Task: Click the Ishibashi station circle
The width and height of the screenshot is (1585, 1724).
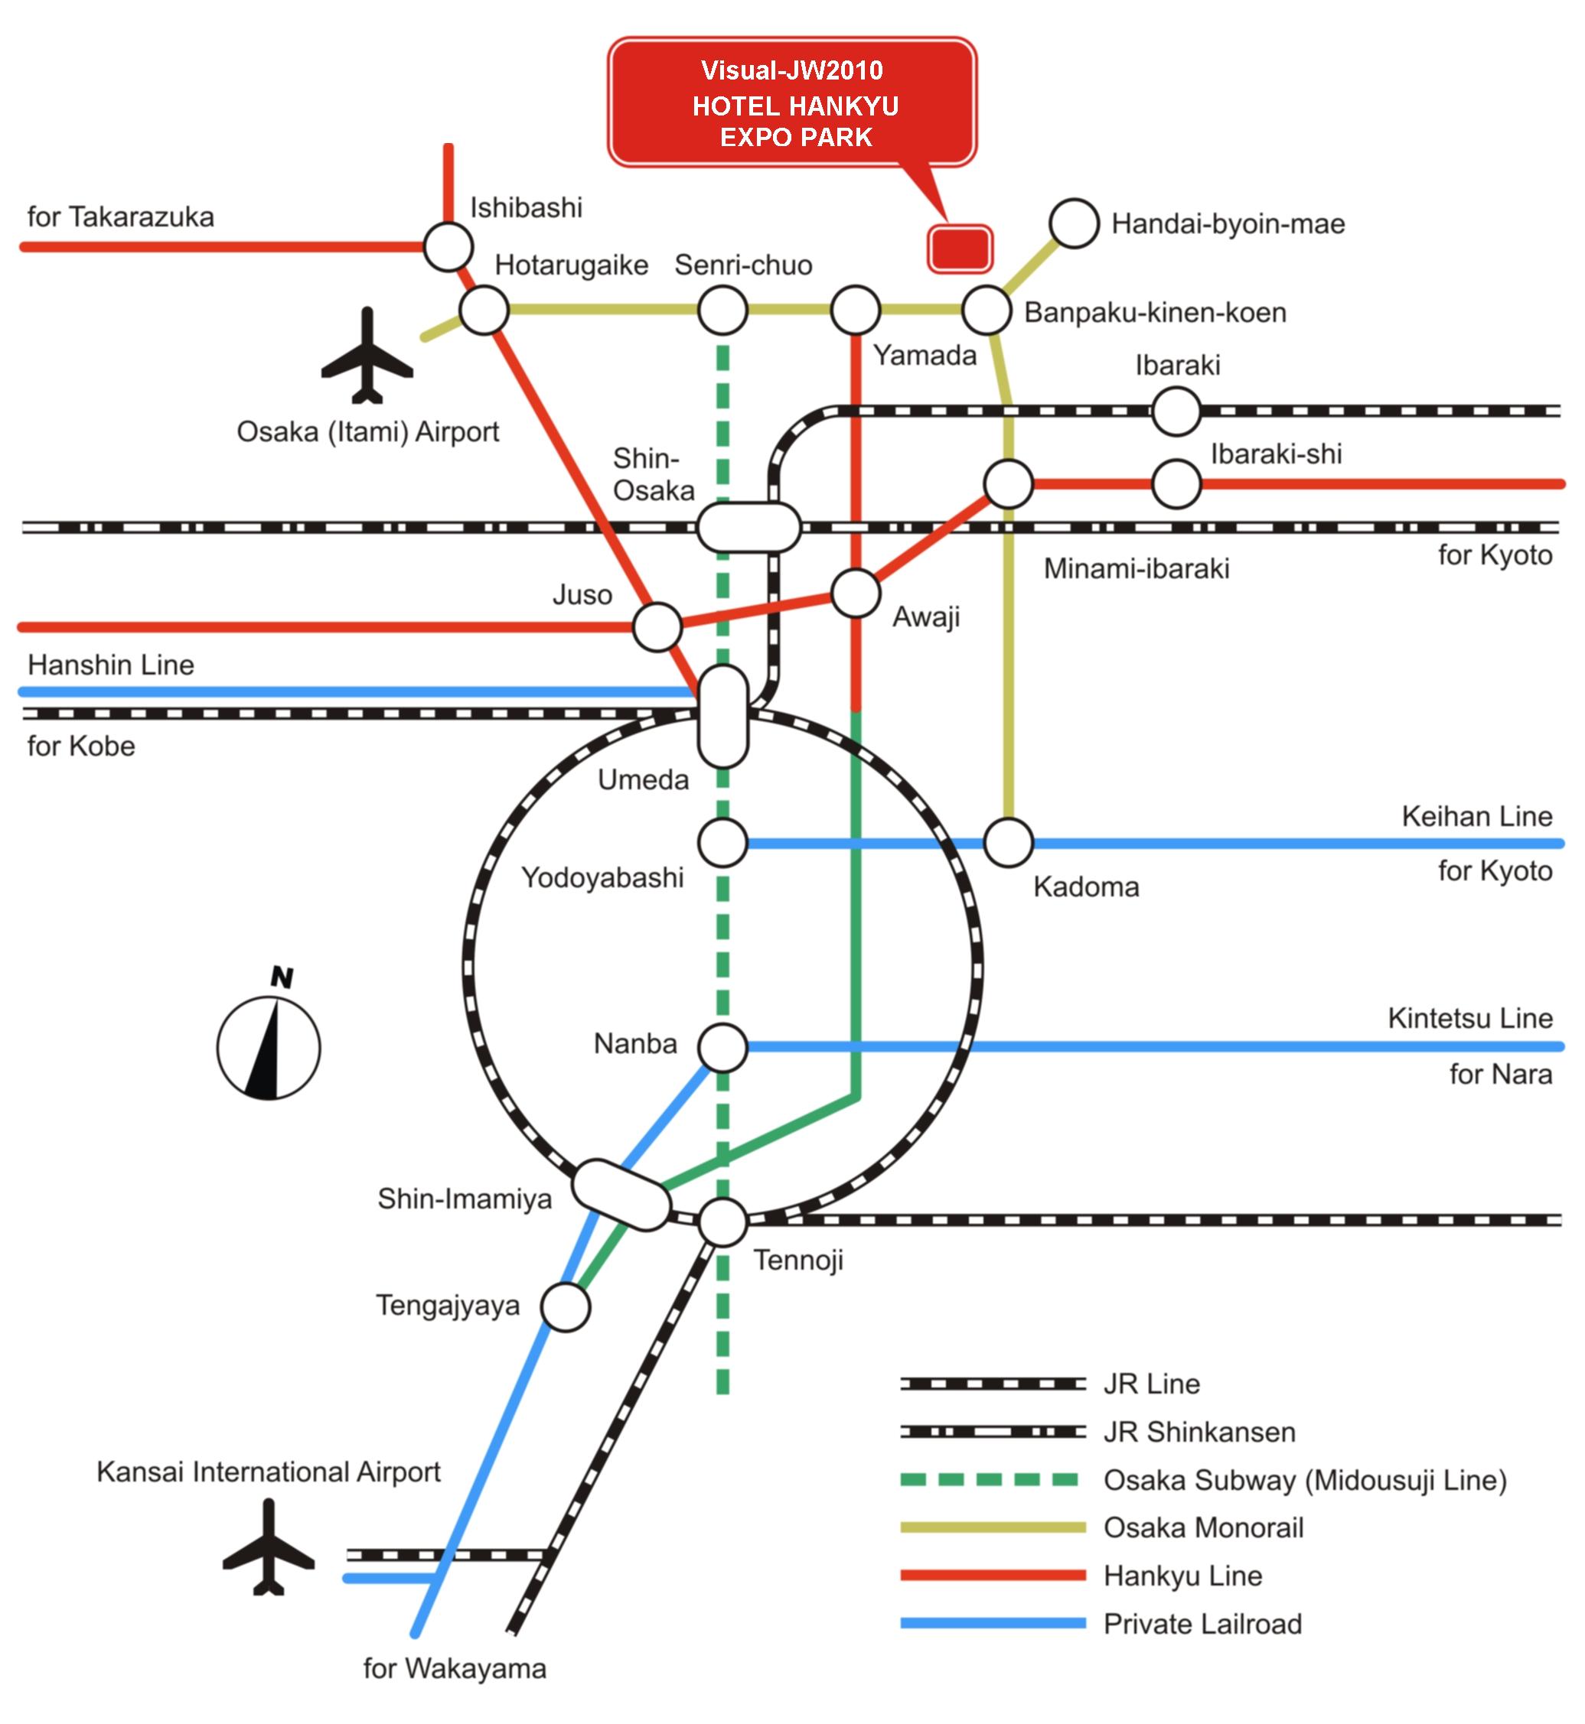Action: pyautogui.click(x=448, y=247)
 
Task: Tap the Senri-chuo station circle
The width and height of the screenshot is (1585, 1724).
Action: pyautogui.click(x=722, y=310)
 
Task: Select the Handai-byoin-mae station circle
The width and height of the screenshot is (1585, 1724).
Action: pyautogui.click(x=1074, y=224)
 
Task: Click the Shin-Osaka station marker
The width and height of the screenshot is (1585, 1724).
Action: pyautogui.click(x=748, y=527)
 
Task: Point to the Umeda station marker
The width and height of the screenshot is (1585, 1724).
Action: pyautogui.click(x=723, y=716)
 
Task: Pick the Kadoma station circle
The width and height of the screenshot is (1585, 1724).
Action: pyautogui.click(x=1008, y=843)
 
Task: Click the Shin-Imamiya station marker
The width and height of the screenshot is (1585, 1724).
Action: pyautogui.click(x=620, y=1195)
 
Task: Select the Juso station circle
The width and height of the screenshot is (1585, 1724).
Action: pyautogui.click(x=657, y=626)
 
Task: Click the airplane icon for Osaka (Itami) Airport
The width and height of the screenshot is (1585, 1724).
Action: pyautogui.click(x=367, y=356)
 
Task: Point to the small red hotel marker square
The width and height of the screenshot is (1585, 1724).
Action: pyautogui.click(x=960, y=249)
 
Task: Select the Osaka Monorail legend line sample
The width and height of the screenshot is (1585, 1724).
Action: pyautogui.click(x=993, y=1527)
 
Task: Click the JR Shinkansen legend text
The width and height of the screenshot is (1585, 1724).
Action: pyautogui.click(x=1199, y=1432)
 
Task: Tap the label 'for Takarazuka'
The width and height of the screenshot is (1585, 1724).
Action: pyautogui.click(x=120, y=217)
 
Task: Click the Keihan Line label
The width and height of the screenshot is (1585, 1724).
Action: pyautogui.click(x=1476, y=816)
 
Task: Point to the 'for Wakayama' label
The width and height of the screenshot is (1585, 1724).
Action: pyautogui.click(x=455, y=1668)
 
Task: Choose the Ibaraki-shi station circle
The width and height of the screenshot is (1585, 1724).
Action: pyautogui.click(x=1176, y=483)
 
